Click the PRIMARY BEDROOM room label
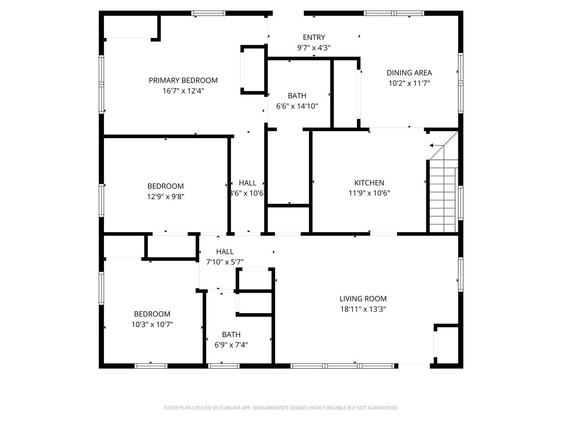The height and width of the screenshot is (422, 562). click(183, 80)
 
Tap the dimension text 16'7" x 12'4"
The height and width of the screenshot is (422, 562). click(183, 91)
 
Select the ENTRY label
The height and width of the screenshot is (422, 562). click(314, 37)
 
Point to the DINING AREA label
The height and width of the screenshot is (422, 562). click(409, 73)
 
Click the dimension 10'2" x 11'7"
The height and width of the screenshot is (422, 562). click(409, 83)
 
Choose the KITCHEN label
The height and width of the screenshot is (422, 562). click(369, 183)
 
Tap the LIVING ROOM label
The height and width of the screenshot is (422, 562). click(363, 299)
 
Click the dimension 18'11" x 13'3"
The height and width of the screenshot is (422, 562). click(363, 309)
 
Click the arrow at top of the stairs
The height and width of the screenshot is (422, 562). click(436, 146)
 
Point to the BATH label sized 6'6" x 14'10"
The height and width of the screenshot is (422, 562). click(297, 96)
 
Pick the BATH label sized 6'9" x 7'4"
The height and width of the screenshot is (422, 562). click(231, 335)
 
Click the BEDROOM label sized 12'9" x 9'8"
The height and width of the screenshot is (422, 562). click(166, 186)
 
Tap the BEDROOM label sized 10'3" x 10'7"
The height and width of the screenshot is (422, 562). click(152, 314)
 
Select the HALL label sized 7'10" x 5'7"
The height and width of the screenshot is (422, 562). click(225, 252)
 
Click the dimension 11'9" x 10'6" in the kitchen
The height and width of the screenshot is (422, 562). click(369, 193)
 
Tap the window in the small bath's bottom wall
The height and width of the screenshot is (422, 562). click(223, 365)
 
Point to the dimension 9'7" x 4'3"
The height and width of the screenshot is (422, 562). click(314, 47)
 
